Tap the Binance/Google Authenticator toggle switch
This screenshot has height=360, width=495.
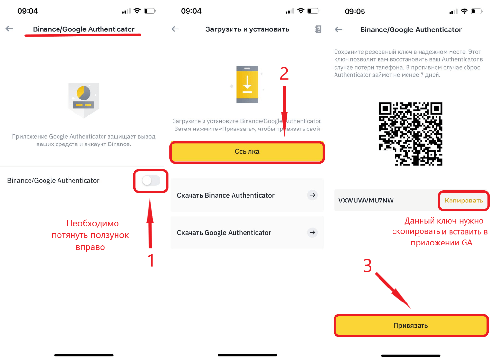coord(151,180)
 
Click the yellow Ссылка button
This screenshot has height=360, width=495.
coord(247,152)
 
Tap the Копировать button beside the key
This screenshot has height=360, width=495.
coord(464,201)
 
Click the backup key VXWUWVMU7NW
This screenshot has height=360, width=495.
coord(366,201)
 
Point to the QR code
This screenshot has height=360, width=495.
coord(410,134)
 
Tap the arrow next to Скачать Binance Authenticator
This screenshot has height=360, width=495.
coord(312,195)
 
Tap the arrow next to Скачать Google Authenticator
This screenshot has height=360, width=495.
coord(312,232)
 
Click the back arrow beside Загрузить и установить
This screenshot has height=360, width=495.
coord(175,29)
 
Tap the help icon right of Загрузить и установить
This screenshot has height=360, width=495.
coord(318,29)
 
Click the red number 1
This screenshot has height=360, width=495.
coord(151,260)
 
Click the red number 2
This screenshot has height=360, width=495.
coord(284,73)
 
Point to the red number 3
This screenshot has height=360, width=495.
coord(368,266)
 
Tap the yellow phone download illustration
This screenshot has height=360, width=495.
coord(247,85)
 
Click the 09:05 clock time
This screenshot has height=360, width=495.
coord(355,12)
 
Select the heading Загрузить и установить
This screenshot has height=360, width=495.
coord(247,29)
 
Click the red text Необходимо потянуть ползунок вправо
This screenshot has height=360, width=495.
coord(90,235)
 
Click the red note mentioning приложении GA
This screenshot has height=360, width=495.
coord(440,231)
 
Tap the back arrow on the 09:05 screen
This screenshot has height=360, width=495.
coord(338,29)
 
